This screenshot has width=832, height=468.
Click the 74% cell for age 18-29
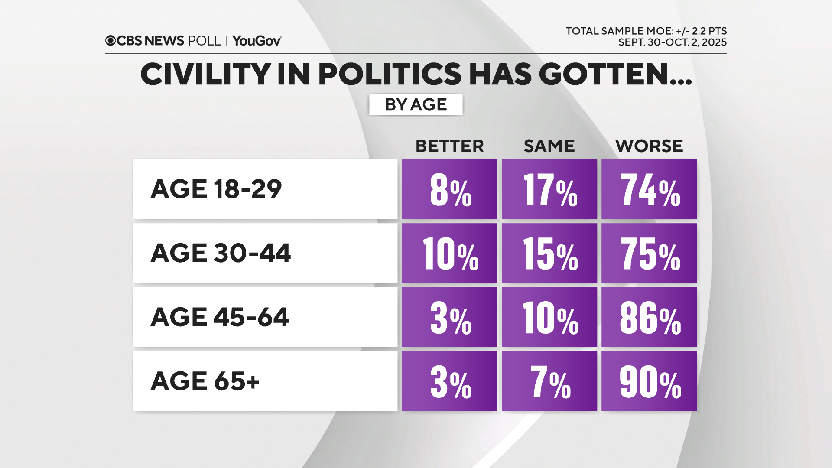tap(649, 189)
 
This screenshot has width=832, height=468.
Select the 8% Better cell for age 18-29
tap(449, 189)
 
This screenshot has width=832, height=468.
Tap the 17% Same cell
tap(549, 189)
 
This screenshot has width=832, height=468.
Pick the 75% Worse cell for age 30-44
tap(649, 253)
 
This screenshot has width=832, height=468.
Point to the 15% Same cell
tap(549, 253)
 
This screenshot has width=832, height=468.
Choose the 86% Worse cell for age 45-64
tap(649, 317)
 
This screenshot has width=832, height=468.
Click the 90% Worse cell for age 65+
tap(649, 381)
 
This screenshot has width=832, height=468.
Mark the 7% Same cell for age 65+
tap(549, 381)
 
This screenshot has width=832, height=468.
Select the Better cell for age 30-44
tap(449, 253)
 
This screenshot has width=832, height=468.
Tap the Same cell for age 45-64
tap(549, 317)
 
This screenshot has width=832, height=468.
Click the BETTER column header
tap(449, 146)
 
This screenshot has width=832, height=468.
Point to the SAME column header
tap(549, 146)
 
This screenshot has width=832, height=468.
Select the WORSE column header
tap(649, 146)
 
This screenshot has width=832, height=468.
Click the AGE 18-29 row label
tap(216, 189)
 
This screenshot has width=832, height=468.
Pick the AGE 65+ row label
tap(205, 381)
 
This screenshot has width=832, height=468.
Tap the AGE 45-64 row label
tap(220, 317)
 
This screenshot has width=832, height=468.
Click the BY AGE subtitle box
tap(416, 104)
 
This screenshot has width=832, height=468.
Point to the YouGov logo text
tap(257, 41)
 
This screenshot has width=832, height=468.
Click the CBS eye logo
tap(110, 41)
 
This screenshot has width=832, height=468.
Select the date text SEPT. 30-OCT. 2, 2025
tap(672, 42)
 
